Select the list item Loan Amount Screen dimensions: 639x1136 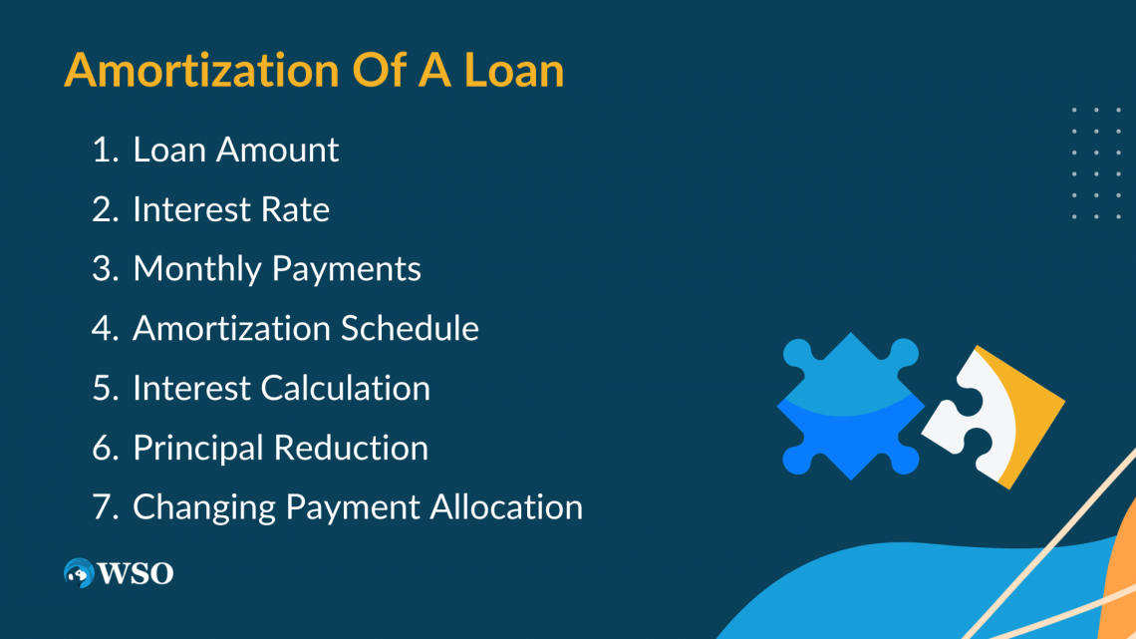pos(235,150)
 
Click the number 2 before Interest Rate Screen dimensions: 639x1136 pos(103,209)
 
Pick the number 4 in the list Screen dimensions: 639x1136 pos(103,328)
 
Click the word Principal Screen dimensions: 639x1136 pos(198,448)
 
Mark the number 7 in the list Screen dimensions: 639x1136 pos(103,506)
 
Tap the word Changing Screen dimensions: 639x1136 pos(204,507)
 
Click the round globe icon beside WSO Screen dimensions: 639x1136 pos(79,572)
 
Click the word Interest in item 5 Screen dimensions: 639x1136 pos(191,388)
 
